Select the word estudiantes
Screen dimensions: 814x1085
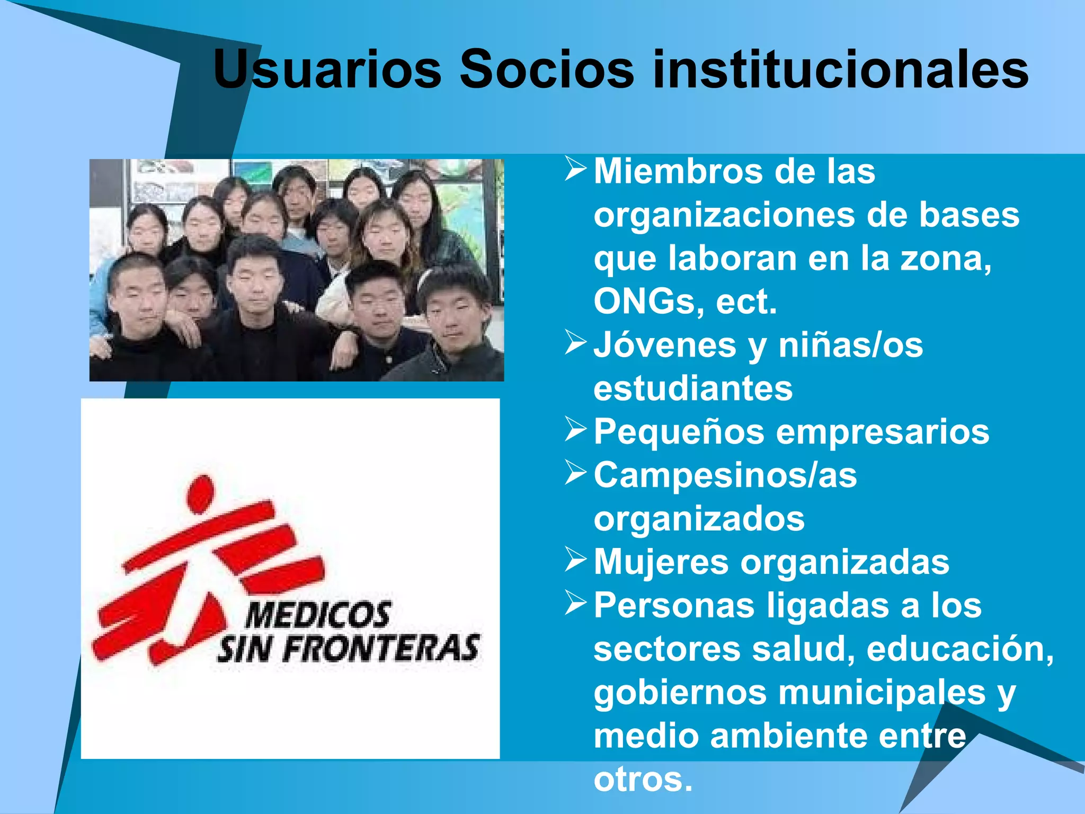[x=693, y=388]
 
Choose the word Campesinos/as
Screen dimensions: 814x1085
[x=725, y=475]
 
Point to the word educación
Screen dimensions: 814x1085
[x=960, y=649]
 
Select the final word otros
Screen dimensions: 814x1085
[x=643, y=780]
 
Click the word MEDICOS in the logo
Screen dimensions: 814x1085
[x=318, y=616]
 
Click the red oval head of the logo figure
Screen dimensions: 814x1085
[x=201, y=493]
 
